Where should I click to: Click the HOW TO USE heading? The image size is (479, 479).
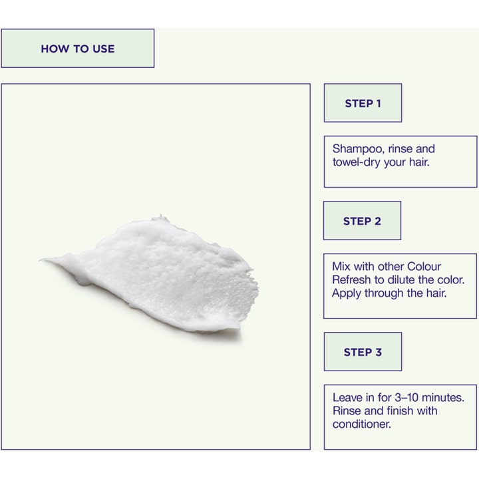click(78, 49)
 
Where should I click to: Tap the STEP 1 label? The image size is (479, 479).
click(363, 104)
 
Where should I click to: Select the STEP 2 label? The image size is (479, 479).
click(362, 221)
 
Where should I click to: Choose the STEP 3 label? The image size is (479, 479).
click(363, 352)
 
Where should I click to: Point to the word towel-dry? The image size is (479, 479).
click(356, 162)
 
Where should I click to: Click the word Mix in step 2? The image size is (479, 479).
click(341, 266)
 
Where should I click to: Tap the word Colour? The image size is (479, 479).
click(424, 266)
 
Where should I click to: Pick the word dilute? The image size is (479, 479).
click(401, 279)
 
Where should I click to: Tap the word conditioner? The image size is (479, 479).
click(362, 424)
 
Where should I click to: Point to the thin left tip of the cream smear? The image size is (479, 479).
click(41, 259)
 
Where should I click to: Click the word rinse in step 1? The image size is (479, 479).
click(399, 149)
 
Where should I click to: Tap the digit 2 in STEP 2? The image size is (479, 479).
click(378, 221)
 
